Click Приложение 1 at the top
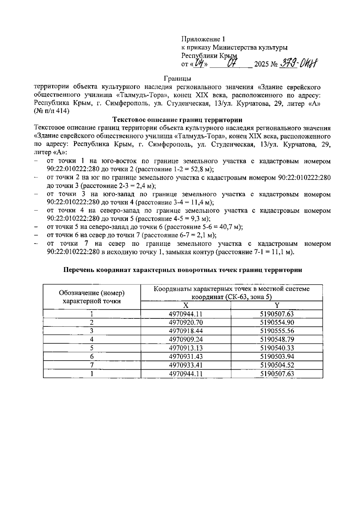tap(203, 39)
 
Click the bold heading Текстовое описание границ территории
tap(177, 120)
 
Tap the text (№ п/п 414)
tap(52, 111)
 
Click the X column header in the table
tap(186, 305)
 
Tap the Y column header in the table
tap(277, 305)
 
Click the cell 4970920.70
tap(186, 323)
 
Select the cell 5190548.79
tap(277, 340)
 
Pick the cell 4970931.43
tap(186, 357)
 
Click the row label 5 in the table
tap(92, 348)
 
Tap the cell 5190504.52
tap(277, 365)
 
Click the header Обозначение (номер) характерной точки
tap(92, 297)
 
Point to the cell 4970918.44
tap(186, 331)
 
